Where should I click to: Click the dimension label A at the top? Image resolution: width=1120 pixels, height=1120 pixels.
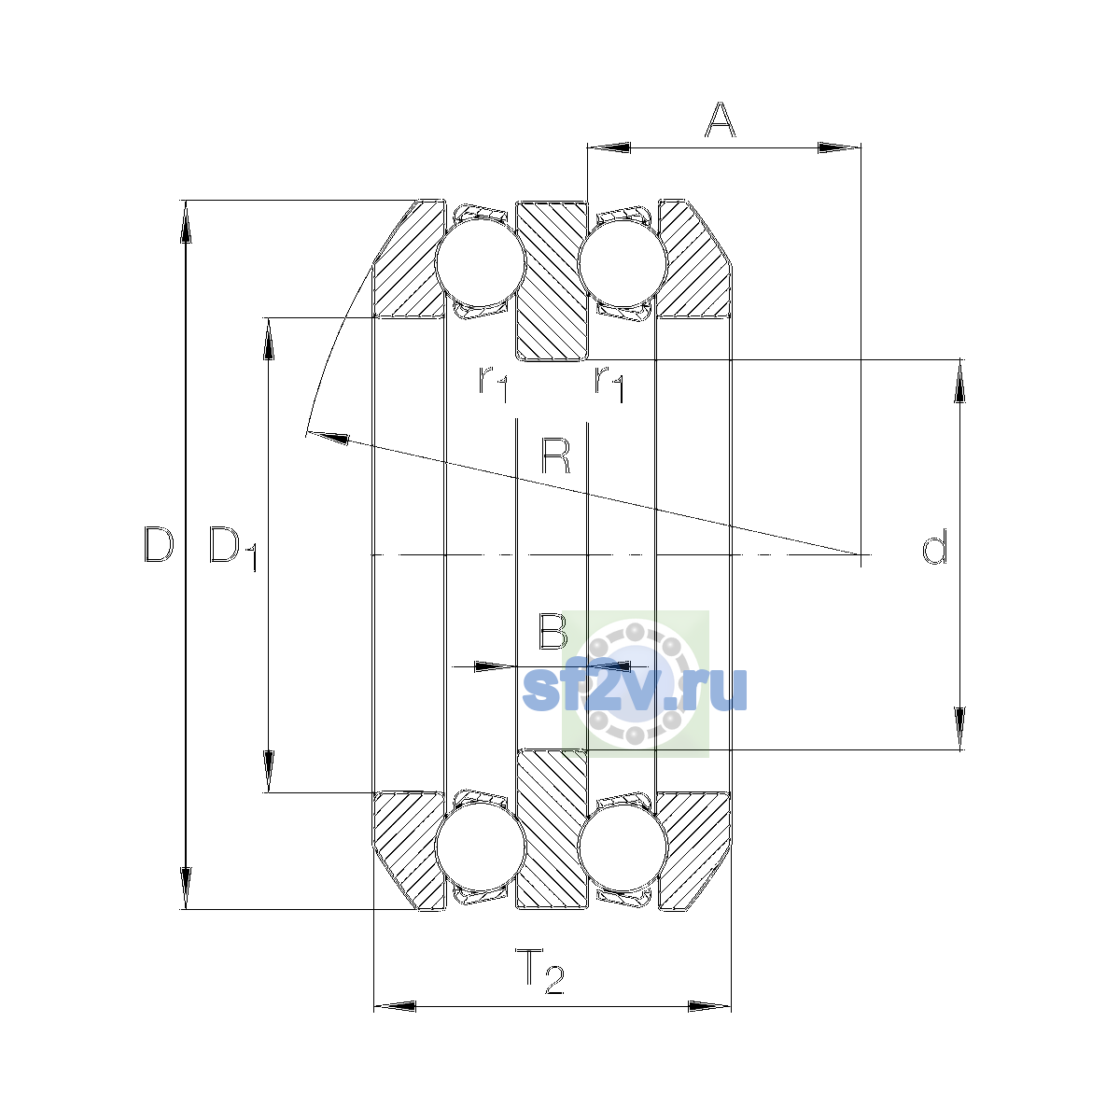coord(720,120)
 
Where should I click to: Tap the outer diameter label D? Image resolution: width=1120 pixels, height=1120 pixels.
coord(159,544)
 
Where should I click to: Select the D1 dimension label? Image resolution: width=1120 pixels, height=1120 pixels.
coord(232,549)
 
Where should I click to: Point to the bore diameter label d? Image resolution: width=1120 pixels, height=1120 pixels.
coord(934,547)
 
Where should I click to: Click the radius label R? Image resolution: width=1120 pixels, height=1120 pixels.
coord(555,456)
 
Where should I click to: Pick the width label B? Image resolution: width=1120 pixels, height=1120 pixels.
coord(553,631)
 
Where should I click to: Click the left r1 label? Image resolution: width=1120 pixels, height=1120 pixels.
coord(493,384)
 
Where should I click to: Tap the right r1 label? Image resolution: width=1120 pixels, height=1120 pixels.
coord(609,384)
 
